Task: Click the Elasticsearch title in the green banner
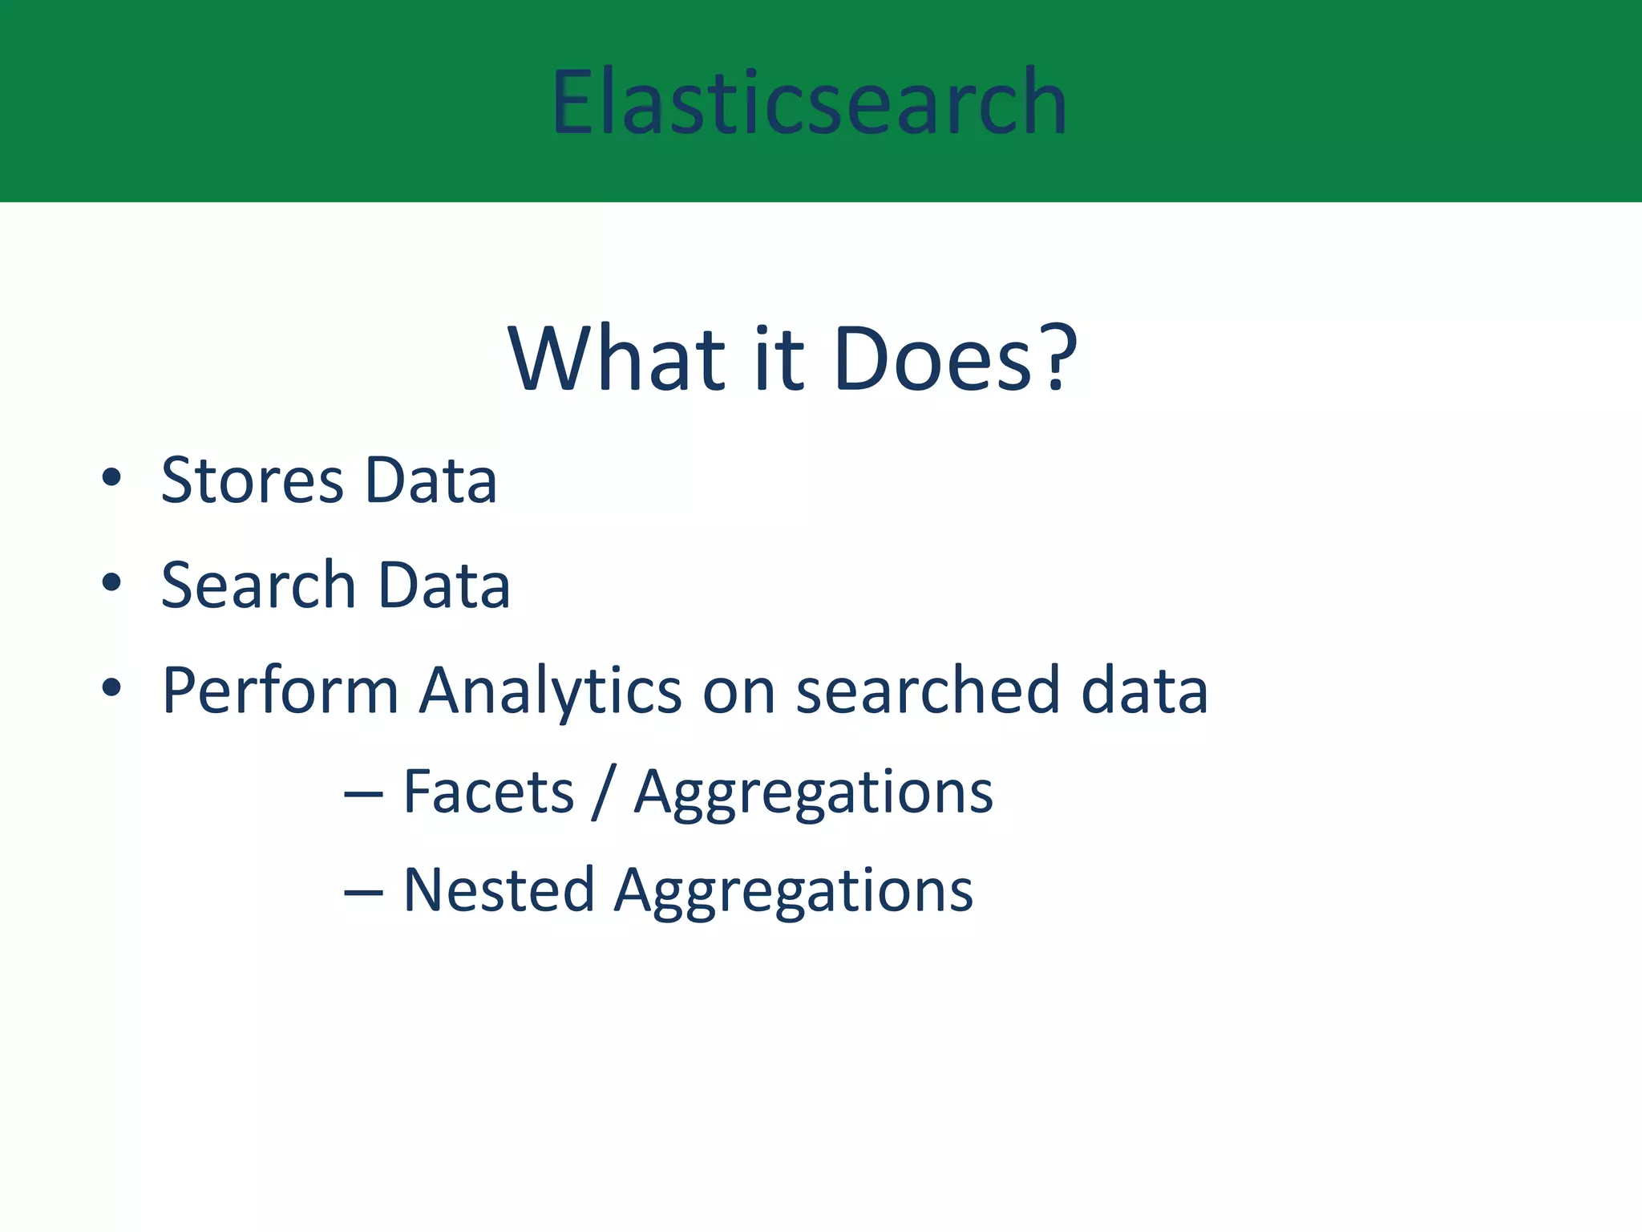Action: (x=808, y=102)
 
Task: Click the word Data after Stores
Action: (x=431, y=480)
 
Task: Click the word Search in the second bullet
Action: (x=258, y=586)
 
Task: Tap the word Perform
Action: (x=280, y=691)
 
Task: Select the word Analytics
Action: (x=550, y=691)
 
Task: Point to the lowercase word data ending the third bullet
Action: (x=1144, y=691)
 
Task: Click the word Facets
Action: (x=488, y=792)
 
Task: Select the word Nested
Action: (x=498, y=890)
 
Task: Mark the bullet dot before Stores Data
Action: (x=111, y=479)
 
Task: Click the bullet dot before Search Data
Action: (x=111, y=583)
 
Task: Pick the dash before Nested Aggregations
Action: (x=362, y=892)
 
